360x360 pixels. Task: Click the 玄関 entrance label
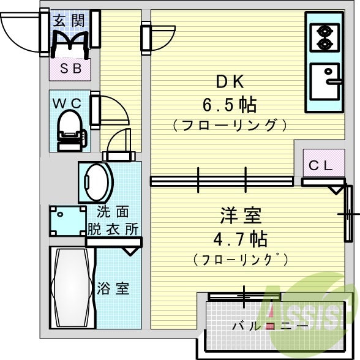point(69,20)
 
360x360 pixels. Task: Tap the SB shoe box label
point(70,69)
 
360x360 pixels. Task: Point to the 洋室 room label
point(241,216)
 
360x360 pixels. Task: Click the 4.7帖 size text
point(241,238)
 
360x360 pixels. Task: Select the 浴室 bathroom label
point(113,288)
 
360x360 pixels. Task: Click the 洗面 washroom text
point(113,212)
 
